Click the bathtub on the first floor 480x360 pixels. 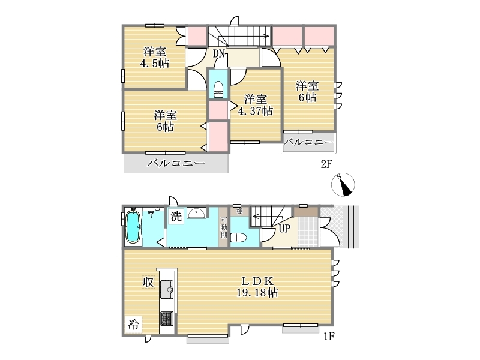point(133,227)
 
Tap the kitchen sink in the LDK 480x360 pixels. point(167,289)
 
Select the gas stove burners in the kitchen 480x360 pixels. point(167,319)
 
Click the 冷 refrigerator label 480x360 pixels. point(133,325)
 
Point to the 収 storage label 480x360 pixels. point(148,282)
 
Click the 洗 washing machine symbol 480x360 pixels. point(176,216)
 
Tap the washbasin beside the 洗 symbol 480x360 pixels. point(197,212)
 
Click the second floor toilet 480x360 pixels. point(218,89)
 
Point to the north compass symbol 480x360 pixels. point(343,185)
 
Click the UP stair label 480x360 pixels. point(284,229)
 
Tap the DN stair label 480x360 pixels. point(219,53)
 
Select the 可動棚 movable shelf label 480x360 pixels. point(224,228)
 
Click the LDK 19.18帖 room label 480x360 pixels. point(257,287)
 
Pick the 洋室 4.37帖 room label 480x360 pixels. point(256,105)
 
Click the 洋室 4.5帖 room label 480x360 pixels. point(155,58)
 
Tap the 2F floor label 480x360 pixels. point(326,164)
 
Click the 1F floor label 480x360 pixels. point(329,337)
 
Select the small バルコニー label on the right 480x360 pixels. point(308,142)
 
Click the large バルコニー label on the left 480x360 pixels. point(176,163)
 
